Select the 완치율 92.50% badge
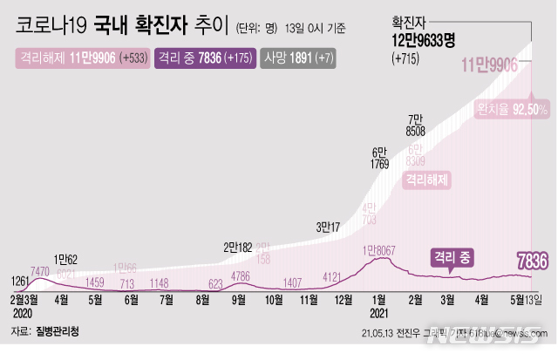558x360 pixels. pos(512,109)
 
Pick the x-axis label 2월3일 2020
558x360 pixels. pos(23,304)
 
